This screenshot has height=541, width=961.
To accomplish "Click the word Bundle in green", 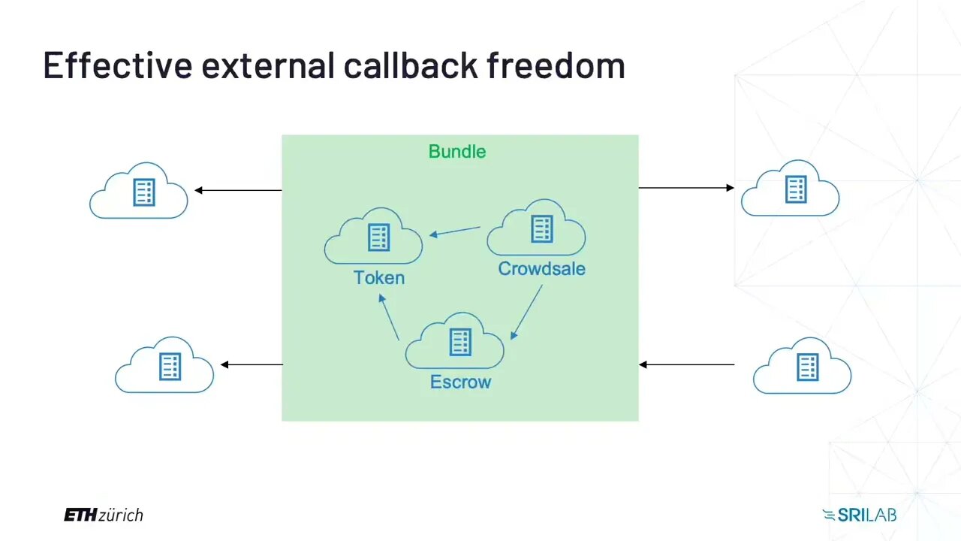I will (x=456, y=152).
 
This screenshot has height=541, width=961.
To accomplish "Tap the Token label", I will (x=379, y=278).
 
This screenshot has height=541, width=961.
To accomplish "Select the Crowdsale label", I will (x=541, y=269).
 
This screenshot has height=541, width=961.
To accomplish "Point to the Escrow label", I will (x=460, y=382).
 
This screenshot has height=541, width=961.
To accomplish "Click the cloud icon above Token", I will (x=374, y=238).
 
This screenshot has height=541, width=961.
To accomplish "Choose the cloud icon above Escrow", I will (x=455, y=343).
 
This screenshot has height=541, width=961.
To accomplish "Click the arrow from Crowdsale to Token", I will (x=455, y=231).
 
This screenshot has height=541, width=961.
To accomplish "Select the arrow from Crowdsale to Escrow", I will (x=526, y=312).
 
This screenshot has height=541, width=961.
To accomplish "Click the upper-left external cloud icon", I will (x=139, y=192).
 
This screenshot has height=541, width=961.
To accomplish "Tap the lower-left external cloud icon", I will (x=164, y=366).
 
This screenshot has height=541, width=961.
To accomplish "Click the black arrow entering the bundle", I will (x=686, y=365).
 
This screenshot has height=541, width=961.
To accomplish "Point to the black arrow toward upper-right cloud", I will (x=686, y=188).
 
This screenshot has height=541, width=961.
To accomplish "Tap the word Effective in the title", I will (x=118, y=66).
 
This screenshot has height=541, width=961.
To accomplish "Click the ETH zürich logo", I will (x=103, y=515).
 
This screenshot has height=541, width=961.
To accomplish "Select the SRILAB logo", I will (x=859, y=515).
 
